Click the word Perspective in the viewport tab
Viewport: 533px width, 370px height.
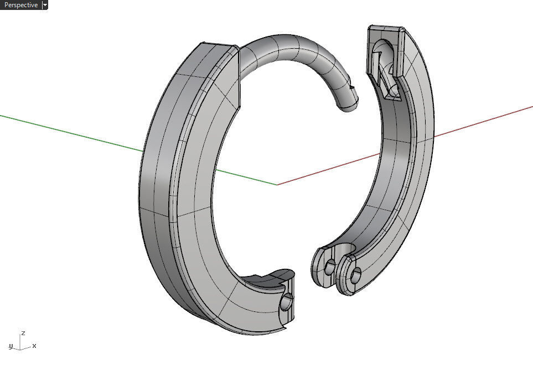click(x=20, y=5)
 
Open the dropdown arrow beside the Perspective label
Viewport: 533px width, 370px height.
click(x=45, y=5)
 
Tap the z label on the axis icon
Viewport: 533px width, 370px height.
click(x=23, y=333)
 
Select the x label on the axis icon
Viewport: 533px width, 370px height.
click(x=34, y=346)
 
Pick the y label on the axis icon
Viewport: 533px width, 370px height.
click(x=11, y=346)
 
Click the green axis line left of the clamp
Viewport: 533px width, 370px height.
click(x=66, y=131)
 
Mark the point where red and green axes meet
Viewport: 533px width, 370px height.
click(x=277, y=184)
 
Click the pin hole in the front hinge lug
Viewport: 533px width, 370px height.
click(x=356, y=273)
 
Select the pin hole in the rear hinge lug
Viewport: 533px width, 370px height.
click(x=330, y=268)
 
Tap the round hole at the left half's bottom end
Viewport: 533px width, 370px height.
click(x=287, y=303)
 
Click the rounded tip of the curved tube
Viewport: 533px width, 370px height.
click(x=350, y=103)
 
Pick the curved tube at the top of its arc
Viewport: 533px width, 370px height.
click(x=288, y=43)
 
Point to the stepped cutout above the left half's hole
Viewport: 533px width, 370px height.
click(x=271, y=279)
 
